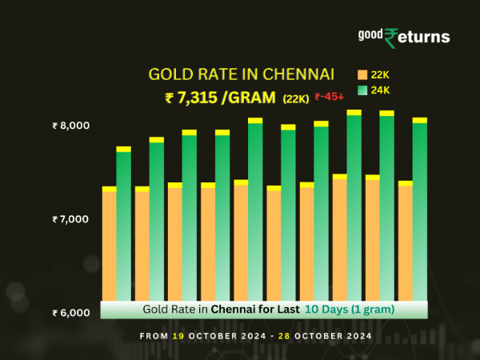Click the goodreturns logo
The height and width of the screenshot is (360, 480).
coord(404,37)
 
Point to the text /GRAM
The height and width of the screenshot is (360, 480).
coord(249,98)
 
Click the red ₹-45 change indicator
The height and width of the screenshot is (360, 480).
coord(330,97)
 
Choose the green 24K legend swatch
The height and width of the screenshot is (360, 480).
coord(362,90)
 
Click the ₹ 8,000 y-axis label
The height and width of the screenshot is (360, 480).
coord(71,126)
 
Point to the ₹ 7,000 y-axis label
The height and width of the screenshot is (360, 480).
coord(71,218)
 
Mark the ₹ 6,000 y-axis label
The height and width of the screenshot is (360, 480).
coord(71,312)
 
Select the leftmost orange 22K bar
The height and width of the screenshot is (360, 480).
coord(109,244)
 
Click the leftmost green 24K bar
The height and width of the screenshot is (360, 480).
coord(123,224)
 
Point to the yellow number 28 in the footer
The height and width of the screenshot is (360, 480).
coord(283,337)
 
